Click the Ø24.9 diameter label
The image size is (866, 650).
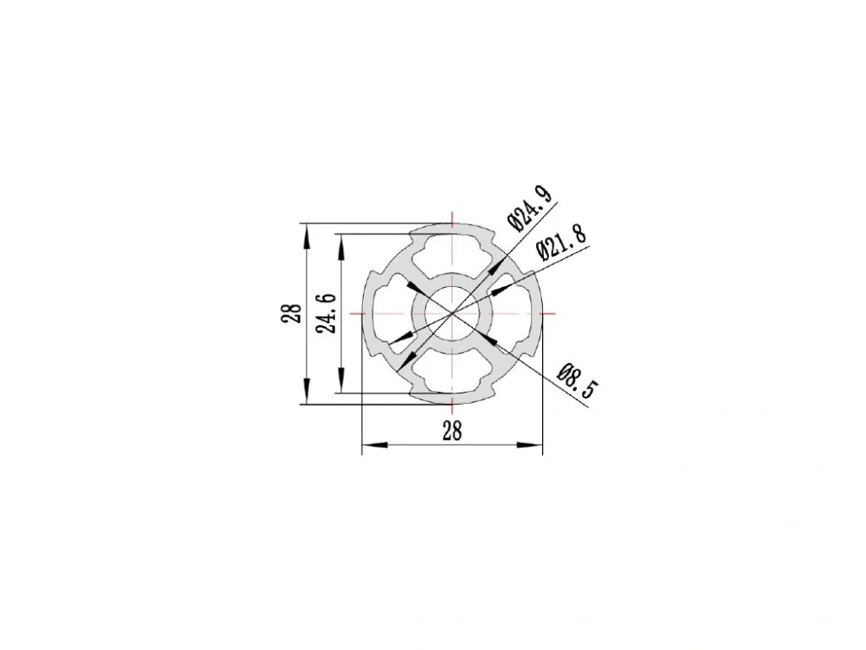tap(529, 208)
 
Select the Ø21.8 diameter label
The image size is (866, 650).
tap(560, 242)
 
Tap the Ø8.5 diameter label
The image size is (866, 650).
tap(578, 380)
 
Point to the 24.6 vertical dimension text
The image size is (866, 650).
tap(326, 314)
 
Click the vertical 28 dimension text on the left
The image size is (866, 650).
tap(293, 314)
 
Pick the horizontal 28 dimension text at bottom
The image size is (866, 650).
tap(452, 431)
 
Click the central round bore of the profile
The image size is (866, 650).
tap(452, 314)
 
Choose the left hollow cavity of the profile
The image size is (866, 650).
tap(391, 314)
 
